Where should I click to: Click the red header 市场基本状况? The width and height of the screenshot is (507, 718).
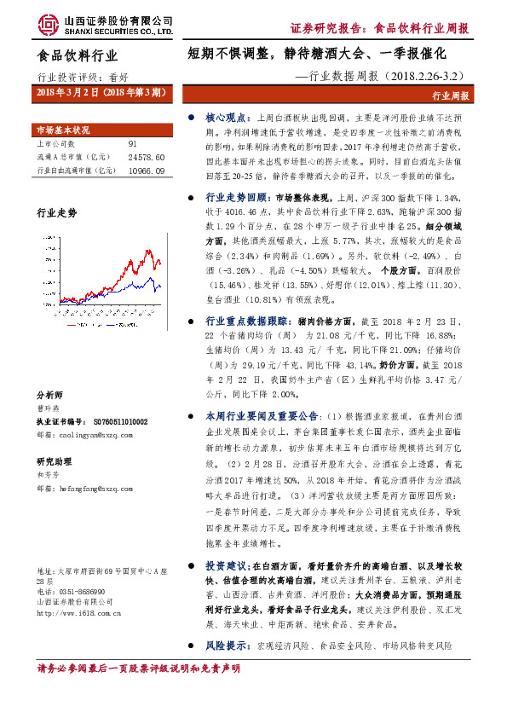point(62,130)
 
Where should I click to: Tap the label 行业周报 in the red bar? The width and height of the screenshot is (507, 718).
point(451,96)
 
